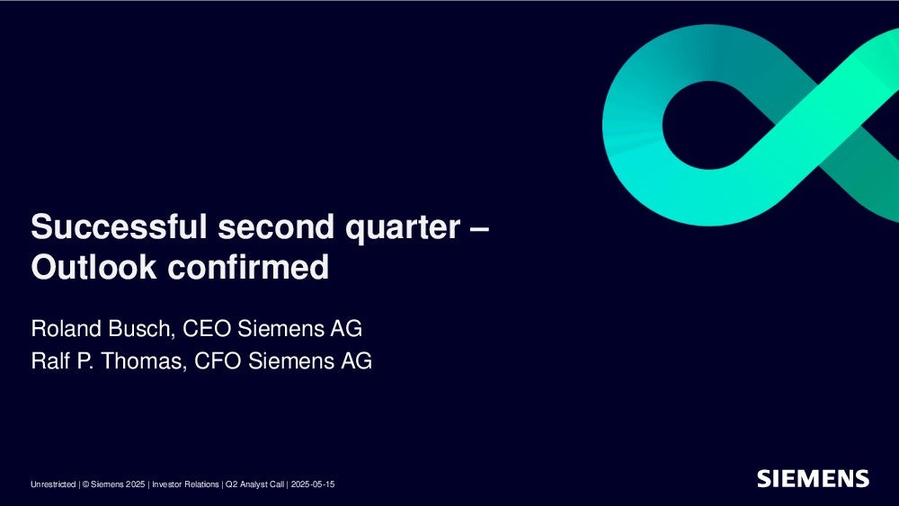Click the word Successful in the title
click(x=119, y=226)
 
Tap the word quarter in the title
click(x=403, y=228)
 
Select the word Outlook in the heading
click(x=93, y=267)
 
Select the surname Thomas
click(x=143, y=361)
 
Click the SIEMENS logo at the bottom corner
click(x=813, y=478)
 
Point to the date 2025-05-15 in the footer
click(x=313, y=484)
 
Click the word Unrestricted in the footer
click(x=53, y=484)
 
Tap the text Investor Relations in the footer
click(x=185, y=484)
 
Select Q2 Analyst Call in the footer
click(x=254, y=484)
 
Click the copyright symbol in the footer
click(x=85, y=484)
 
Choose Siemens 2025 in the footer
click(x=118, y=484)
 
